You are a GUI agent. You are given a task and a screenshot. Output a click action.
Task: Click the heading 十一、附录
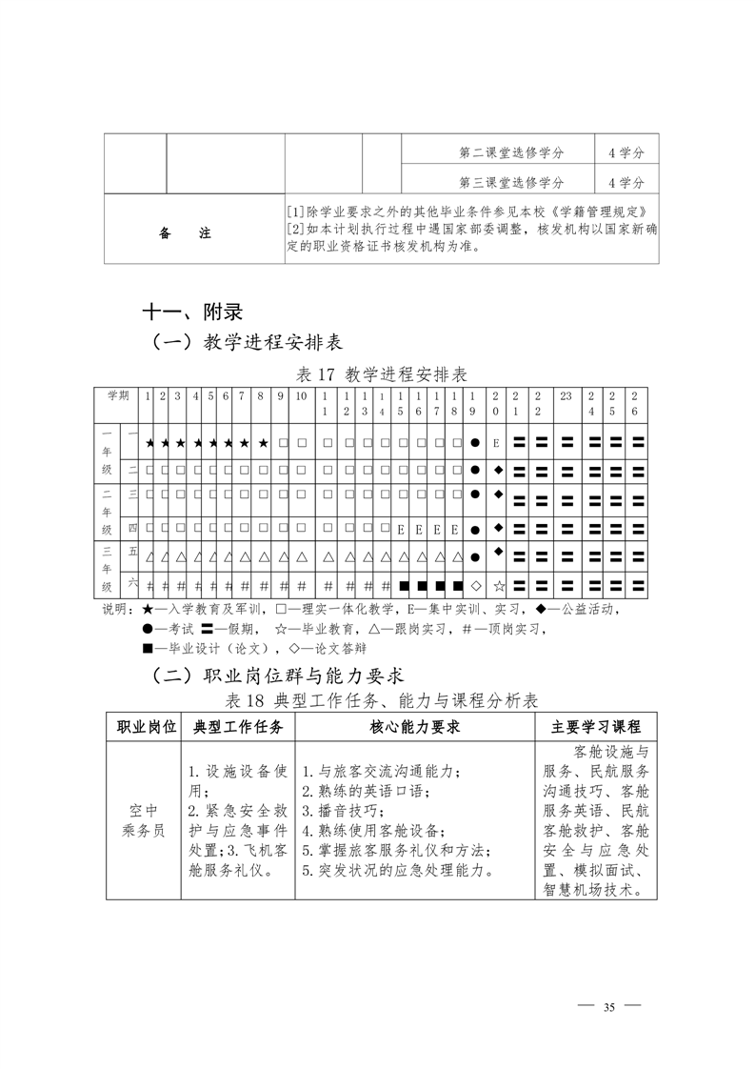pyautogui.click(x=191, y=312)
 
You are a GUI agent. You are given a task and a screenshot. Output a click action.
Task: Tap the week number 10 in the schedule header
pyautogui.click(x=301, y=395)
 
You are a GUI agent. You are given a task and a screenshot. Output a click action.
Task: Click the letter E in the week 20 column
pyautogui.click(x=497, y=444)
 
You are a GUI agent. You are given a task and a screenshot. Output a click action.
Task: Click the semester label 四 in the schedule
pyautogui.click(x=133, y=527)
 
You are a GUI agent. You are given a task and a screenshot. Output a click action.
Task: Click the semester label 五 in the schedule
pyautogui.click(x=133, y=551)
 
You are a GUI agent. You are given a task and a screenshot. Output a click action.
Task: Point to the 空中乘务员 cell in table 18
pyautogui.click(x=143, y=819)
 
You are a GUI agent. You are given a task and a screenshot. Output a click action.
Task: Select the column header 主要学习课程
pyautogui.click(x=596, y=727)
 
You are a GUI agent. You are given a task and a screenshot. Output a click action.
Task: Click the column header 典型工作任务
pyautogui.click(x=238, y=727)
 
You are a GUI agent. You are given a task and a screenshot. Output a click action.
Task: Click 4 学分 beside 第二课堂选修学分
pyautogui.click(x=626, y=152)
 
